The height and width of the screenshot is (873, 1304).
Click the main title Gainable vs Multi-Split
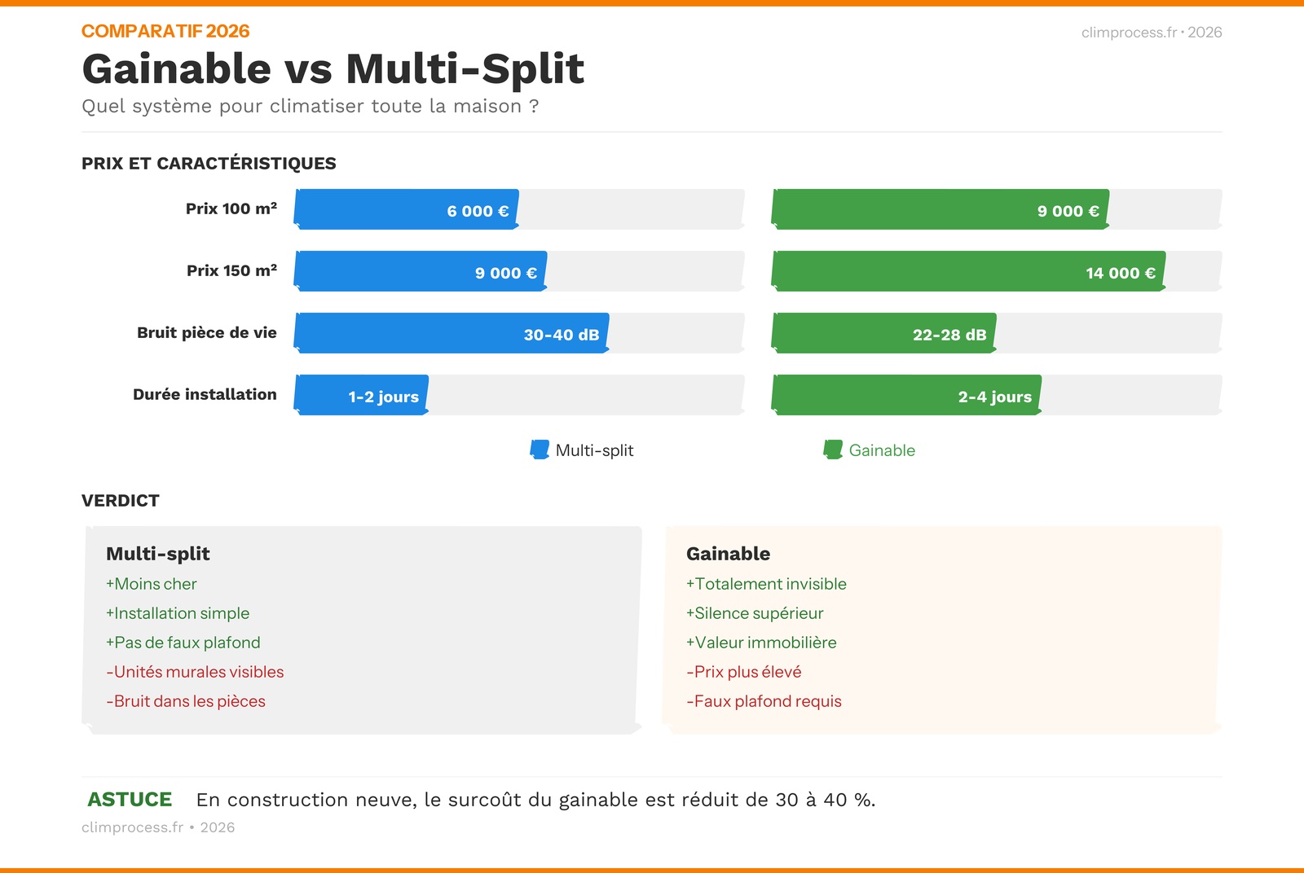click(333, 68)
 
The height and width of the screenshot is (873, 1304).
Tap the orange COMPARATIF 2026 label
click(165, 31)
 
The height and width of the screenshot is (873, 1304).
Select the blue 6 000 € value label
click(478, 211)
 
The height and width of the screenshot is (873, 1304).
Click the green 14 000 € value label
click(1121, 273)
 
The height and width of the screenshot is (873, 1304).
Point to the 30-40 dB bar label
click(561, 335)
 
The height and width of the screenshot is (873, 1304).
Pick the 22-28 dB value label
click(949, 335)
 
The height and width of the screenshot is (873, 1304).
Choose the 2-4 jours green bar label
click(994, 397)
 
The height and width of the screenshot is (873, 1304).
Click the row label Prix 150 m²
click(231, 270)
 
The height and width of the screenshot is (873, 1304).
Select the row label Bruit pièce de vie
click(207, 332)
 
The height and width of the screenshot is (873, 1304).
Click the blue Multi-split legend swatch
click(540, 450)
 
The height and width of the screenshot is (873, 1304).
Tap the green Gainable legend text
click(882, 450)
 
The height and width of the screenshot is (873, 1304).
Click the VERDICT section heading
click(121, 501)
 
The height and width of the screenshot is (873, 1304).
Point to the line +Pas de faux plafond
click(183, 643)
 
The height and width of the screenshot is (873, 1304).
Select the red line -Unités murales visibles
click(195, 672)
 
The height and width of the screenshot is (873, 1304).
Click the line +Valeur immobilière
click(761, 643)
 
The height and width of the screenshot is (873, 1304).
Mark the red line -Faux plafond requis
click(764, 701)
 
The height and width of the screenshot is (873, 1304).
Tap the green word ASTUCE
click(130, 800)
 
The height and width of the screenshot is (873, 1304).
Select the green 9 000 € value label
click(1068, 211)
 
